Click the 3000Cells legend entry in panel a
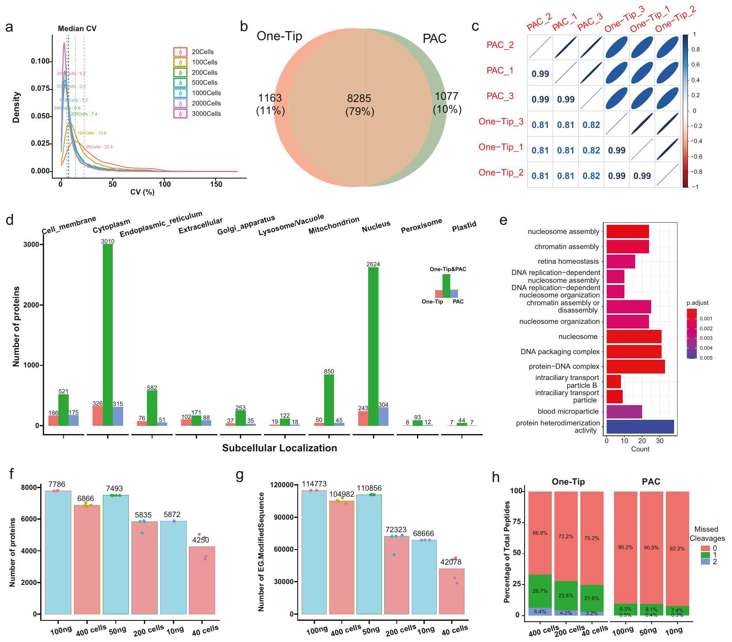(206, 114)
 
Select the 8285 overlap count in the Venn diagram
(359, 99)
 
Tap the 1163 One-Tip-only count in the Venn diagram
(270, 98)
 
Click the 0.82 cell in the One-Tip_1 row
(591, 150)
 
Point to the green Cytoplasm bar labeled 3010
(108, 335)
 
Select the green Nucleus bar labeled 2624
(373, 346)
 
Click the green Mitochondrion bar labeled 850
(329, 400)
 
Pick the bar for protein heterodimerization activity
(640, 427)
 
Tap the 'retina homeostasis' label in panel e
(568, 262)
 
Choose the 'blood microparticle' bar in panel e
(624, 412)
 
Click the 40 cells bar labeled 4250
(202, 580)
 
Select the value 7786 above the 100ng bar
(57, 484)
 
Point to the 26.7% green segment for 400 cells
(540, 591)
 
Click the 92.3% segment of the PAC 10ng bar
(677, 549)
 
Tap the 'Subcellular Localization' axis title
(280, 448)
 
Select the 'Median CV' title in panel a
(77, 29)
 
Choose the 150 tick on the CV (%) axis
(216, 184)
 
